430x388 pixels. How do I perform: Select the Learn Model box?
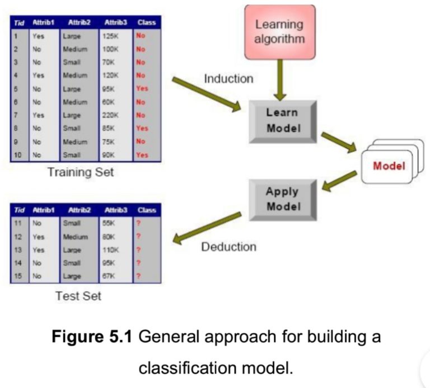click(x=283, y=120)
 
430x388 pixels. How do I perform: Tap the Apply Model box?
click(x=283, y=198)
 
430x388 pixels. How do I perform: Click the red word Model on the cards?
click(x=389, y=166)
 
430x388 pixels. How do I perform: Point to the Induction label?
click(x=228, y=79)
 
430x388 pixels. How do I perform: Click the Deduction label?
click(x=228, y=247)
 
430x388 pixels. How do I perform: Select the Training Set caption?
click(x=81, y=172)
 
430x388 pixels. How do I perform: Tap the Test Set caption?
click(x=78, y=296)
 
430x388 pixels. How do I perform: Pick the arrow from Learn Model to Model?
click(x=339, y=142)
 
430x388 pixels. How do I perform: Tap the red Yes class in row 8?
click(x=142, y=128)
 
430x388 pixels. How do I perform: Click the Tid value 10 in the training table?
click(x=18, y=155)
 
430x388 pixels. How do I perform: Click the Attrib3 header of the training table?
click(x=116, y=22)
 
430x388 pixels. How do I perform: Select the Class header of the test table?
click(x=146, y=210)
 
